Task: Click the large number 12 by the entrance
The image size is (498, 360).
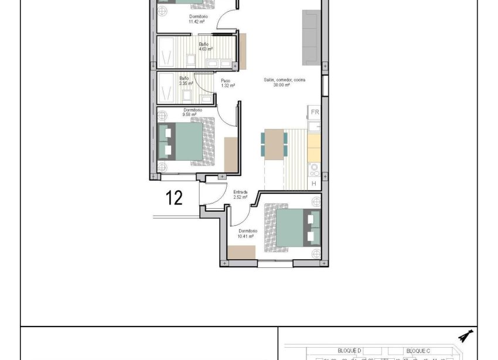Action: tap(175, 198)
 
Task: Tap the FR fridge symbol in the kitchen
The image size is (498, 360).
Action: tap(315, 112)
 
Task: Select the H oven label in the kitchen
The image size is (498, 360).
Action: tap(314, 184)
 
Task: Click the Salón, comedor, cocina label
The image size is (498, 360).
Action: tap(284, 83)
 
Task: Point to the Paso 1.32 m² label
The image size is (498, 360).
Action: tap(227, 83)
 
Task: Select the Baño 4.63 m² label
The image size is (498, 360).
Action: tap(205, 47)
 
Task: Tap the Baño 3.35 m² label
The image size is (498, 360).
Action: tap(186, 81)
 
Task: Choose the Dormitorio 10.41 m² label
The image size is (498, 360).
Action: tap(246, 233)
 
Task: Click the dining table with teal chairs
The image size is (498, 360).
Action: tap(274, 144)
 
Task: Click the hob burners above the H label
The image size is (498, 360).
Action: tap(314, 170)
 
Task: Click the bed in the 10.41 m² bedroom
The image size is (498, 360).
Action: tap(291, 228)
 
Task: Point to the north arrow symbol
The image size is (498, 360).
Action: tap(466, 336)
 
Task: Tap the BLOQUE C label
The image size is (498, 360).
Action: tap(418, 350)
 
